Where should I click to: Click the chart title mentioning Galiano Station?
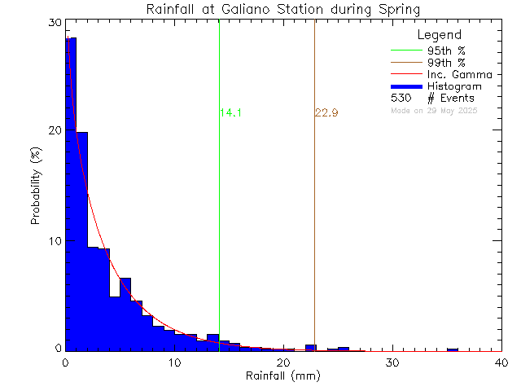tap(283, 10)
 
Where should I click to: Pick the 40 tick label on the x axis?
tap(501, 362)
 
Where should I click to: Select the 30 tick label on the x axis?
tap(392, 362)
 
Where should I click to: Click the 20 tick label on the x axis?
tap(283, 362)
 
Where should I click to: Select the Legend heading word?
tap(439, 35)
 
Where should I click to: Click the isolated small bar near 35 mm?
tap(453, 349)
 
